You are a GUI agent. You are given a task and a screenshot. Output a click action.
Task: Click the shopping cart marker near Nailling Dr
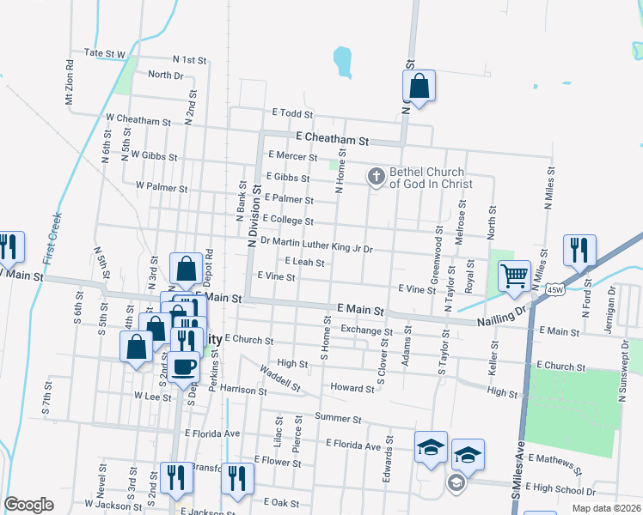[514, 276]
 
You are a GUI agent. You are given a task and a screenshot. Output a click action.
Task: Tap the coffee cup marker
[184, 367]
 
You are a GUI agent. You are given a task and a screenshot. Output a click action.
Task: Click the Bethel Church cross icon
[376, 177]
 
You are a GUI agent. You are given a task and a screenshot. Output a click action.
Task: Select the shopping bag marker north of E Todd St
[419, 87]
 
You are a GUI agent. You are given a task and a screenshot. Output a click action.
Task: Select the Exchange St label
[366, 330]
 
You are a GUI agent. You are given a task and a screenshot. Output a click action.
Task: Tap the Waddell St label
[280, 379]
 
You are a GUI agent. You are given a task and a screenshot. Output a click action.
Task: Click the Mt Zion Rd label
[70, 82]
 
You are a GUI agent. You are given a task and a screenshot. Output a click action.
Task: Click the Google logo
[28, 505]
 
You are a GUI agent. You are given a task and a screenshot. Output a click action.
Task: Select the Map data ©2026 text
[606, 508]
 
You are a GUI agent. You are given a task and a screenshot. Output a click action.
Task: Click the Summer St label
[338, 418]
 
